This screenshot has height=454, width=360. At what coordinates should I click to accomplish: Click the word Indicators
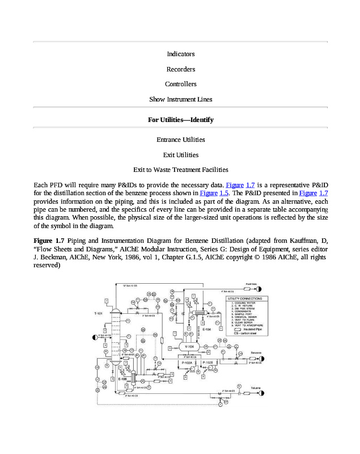180,54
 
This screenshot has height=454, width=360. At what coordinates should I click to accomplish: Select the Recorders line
180,69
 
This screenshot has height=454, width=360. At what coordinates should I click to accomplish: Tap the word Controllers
180,84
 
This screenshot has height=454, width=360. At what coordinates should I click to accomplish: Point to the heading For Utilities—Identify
180,120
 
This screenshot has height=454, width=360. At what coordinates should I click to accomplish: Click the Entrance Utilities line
180,140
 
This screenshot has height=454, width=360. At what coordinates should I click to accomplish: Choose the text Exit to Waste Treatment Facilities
180,170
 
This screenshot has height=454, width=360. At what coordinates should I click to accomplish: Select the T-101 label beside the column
98,313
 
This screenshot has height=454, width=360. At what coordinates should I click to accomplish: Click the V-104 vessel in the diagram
190,346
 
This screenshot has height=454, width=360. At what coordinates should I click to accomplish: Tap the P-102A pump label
185,362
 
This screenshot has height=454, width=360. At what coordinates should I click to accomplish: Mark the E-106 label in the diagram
122,379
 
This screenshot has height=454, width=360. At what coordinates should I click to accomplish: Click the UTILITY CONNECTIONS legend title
245,298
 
